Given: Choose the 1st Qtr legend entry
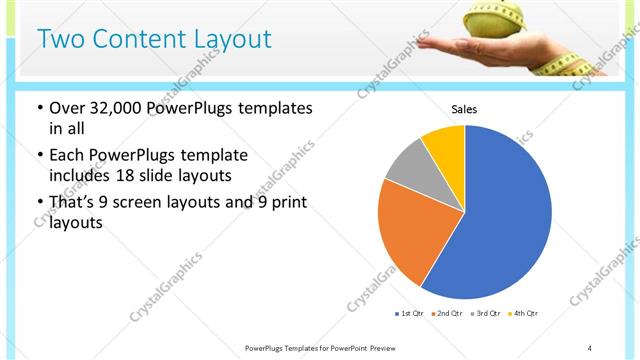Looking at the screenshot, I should click(410, 313).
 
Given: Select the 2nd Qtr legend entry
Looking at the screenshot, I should click(445, 313).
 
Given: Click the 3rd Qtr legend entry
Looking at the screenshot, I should click(484, 313).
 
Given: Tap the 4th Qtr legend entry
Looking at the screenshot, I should click(522, 313).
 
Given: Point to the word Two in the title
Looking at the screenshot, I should click(60, 39).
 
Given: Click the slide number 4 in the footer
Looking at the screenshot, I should click(590, 347).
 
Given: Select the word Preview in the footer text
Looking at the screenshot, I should click(382, 347).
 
